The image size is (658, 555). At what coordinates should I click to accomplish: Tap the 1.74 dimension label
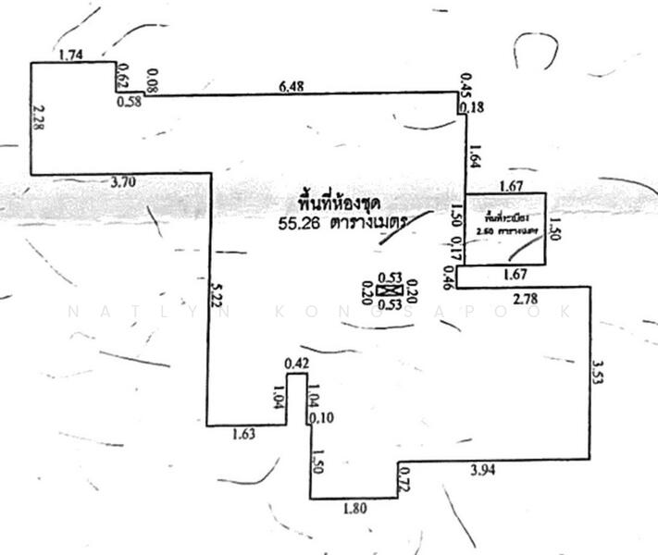click(x=71, y=55)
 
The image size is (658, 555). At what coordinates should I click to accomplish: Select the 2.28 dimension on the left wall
click(x=38, y=119)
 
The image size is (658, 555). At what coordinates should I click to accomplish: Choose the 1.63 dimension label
click(x=243, y=432)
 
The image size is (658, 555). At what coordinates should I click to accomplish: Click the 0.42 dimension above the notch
click(x=296, y=363)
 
